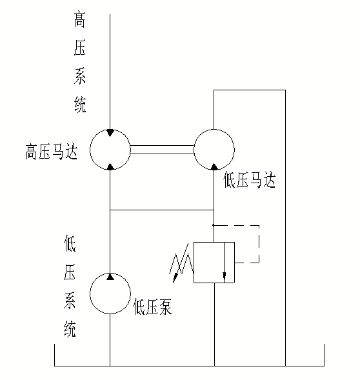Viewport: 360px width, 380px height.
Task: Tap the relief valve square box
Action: pyautogui.click(x=214, y=263)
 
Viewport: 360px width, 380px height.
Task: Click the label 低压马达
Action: pyautogui.click(x=248, y=181)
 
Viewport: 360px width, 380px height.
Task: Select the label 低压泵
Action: pyautogui.click(x=152, y=308)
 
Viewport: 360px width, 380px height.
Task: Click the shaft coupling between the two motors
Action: pyautogui.click(x=162, y=150)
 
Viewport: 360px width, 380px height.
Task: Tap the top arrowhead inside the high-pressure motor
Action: pyautogui.click(x=110, y=133)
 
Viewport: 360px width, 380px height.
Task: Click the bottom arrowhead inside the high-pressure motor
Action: pyautogui.click(x=110, y=166)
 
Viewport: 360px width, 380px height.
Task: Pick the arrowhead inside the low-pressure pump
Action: pyautogui.click(x=110, y=277)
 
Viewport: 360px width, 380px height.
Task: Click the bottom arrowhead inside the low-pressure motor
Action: pyautogui.click(x=214, y=166)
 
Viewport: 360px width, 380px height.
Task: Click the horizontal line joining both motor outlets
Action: pyautogui.click(x=162, y=210)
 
